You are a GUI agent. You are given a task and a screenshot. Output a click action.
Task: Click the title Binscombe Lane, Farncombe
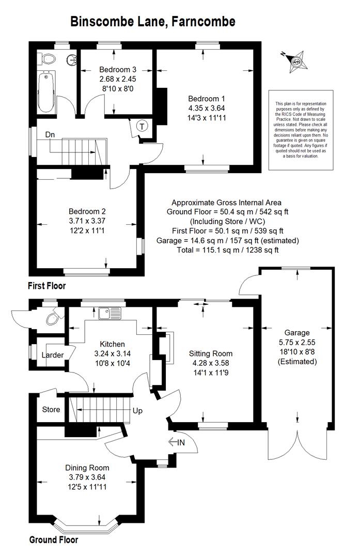[152, 21]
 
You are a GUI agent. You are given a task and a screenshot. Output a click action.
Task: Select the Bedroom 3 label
[118, 70]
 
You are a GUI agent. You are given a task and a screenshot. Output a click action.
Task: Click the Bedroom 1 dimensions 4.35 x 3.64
[207, 108]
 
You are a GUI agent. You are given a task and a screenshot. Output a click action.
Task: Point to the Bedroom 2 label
[87, 211]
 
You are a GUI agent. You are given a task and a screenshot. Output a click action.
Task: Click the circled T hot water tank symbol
[142, 126]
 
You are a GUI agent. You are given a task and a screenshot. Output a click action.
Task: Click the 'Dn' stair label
[50, 135]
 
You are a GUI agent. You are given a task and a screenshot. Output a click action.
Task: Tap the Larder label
[53, 355]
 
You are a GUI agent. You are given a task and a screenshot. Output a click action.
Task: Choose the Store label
[51, 410]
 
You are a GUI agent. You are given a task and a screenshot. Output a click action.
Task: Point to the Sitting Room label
[211, 354]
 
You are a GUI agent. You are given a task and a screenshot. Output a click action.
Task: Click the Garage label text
[297, 333]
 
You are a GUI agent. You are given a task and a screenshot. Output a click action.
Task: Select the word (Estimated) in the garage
[297, 362]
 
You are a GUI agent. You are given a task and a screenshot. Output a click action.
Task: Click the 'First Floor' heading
[47, 286]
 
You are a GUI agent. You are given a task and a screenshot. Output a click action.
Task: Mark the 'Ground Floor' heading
[54, 540]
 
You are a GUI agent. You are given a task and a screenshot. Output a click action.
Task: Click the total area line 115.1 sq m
[228, 250]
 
